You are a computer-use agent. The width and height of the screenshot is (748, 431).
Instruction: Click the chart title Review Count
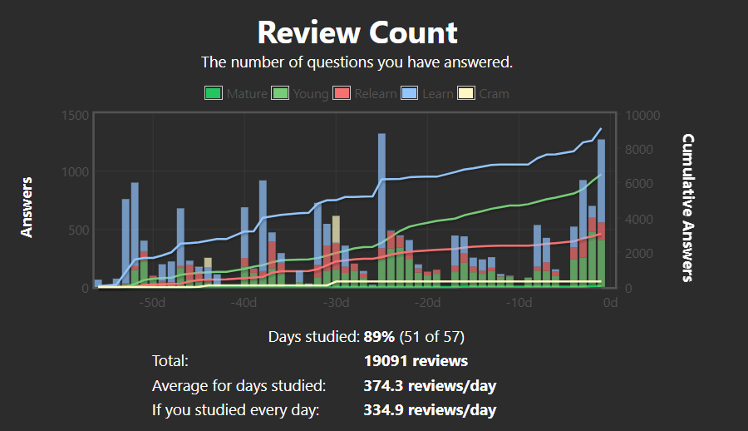tap(357, 32)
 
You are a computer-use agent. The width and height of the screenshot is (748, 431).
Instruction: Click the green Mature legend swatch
tap(214, 93)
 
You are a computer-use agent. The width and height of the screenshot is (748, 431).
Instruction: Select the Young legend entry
tap(300, 93)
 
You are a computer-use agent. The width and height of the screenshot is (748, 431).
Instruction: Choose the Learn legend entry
tap(427, 93)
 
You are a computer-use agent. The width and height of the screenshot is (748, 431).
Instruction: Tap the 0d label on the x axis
tap(610, 302)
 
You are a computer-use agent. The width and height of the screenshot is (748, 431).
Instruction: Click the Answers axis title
tap(27, 206)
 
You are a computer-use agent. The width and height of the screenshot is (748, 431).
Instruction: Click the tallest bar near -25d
tap(381, 208)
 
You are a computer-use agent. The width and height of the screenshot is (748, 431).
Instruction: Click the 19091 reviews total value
tap(416, 361)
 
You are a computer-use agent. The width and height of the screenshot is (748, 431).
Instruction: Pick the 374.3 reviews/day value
tap(430, 386)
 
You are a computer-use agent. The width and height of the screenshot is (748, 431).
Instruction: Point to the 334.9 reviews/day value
tap(430, 410)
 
